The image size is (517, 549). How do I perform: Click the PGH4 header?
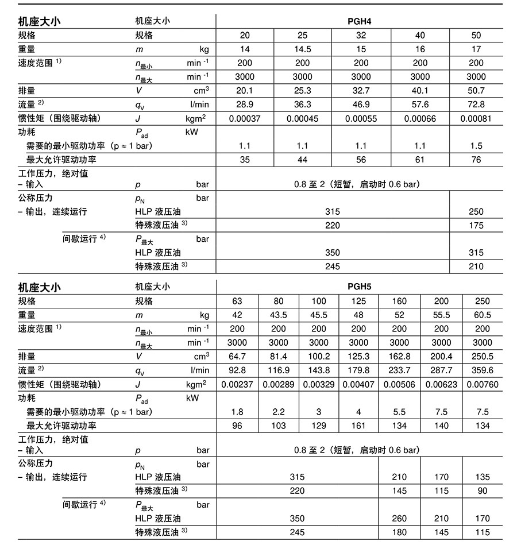[361, 21]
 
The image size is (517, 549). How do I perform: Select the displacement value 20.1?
[245, 91]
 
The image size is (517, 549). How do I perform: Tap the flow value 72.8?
[476, 105]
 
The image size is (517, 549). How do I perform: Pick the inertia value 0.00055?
[361, 118]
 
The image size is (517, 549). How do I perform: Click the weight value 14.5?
[302, 49]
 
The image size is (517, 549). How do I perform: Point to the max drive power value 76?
[476, 160]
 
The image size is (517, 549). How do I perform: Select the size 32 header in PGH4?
[361, 36]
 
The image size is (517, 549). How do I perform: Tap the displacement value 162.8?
[399, 357]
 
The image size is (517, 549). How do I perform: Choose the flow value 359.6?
[483, 370]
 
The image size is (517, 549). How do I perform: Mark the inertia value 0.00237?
[237, 384]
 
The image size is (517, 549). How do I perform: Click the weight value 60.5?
[483, 315]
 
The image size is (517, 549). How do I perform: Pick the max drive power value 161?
[358, 426]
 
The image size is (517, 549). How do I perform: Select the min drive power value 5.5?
[399, 412]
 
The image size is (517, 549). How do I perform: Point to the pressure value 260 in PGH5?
[399, 519]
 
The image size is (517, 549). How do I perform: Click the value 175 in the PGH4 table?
[476, 226]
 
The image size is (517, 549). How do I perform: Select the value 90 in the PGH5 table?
[483, 491]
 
